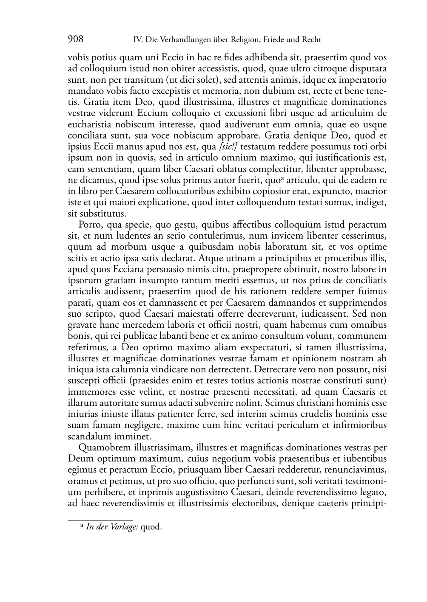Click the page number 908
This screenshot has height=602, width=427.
click(76, 39)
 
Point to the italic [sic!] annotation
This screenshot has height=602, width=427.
click(228, 147)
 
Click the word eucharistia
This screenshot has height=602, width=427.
click(89, 124)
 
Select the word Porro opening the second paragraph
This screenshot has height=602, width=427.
click(90, 225)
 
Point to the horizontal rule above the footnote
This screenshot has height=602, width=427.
click(100, 519)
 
